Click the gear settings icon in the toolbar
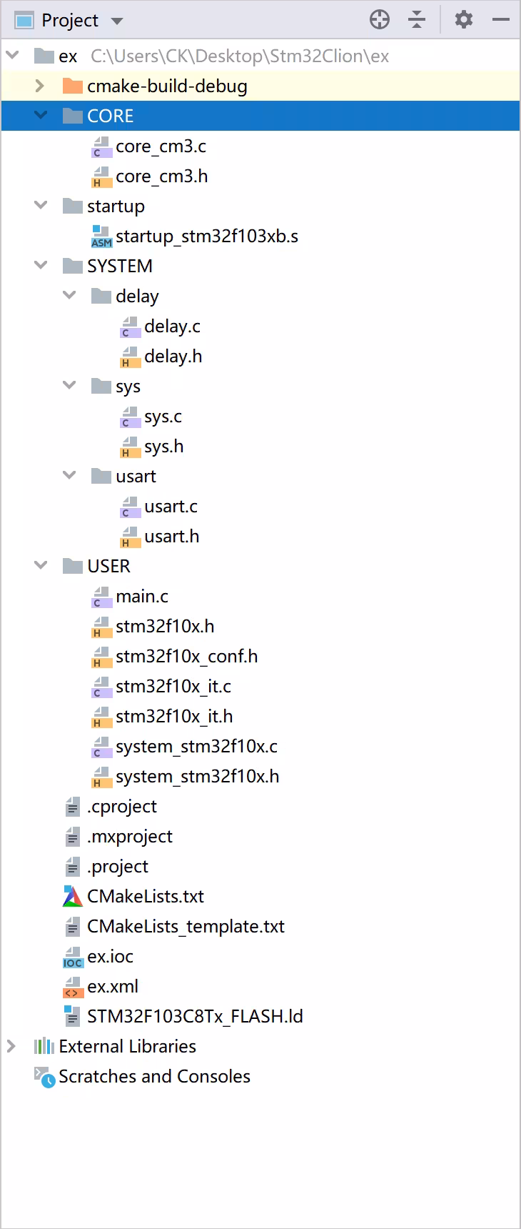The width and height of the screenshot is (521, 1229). point(464,19)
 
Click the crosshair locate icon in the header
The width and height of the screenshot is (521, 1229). point(380,19)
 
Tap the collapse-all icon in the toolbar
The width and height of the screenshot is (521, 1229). point(417,19)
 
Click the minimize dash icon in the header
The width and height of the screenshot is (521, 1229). point(501,19)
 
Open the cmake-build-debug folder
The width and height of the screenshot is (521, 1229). point(167,86)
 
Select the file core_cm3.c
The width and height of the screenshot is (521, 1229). point(161,146)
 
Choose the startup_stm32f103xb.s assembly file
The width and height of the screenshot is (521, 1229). point(207,237)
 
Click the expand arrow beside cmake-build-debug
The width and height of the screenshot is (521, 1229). point(40,86)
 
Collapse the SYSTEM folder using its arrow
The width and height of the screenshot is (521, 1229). point(41,266)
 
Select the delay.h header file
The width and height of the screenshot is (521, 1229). point(173,357)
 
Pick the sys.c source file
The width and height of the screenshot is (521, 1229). point(163,417)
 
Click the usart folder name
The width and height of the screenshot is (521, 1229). point(136,477)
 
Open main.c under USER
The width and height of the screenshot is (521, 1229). point(142,597)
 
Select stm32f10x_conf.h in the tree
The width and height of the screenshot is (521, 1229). point(186,657)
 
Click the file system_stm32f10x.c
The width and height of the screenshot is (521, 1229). point(196,747)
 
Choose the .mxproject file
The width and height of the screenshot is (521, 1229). point(130,837)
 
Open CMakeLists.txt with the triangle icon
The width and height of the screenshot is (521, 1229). point(146,897)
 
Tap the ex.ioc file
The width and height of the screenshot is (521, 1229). point(110,957)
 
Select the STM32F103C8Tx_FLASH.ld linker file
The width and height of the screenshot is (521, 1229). point(195,1017)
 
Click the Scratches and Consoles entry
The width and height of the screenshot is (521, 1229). point(154,1077)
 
